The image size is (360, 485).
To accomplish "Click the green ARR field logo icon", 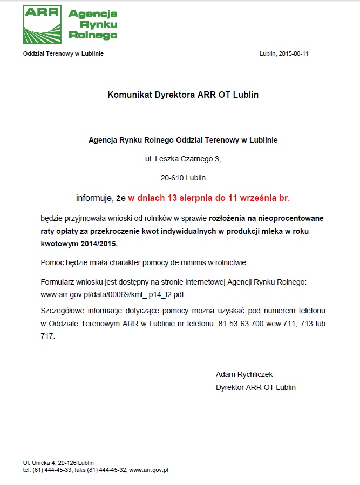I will [42, 24].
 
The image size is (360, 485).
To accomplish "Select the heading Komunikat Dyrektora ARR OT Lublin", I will [183, 95].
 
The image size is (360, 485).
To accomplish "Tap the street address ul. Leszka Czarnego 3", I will [183, 159].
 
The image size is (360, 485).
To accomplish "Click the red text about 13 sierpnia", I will [209, 198].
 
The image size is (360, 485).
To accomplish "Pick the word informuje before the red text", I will [94, 198].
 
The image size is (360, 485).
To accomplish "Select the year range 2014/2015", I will [99, 244].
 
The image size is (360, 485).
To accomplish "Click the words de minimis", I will [161, 262].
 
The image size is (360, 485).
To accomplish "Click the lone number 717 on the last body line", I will [47, 336].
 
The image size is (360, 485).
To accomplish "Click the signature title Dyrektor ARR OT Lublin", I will [255, 387].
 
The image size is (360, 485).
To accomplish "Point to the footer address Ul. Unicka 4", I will [42, 463].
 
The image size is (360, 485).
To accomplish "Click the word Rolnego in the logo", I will [93, 35].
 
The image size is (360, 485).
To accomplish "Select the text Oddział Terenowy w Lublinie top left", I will [63, 53].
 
